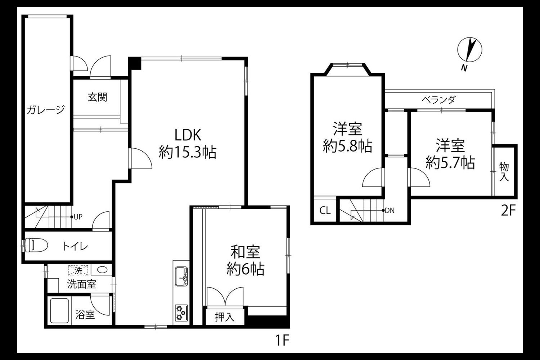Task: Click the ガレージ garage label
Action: [x=46, y=110]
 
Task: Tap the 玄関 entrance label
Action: [x=97, y=97]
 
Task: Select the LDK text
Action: [x=188, y=135]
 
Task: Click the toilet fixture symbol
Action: [x=36, y=245]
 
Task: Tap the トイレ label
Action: [x=75, y=247]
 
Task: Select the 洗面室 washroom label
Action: [x=81, y=284]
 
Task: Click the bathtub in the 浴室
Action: [x=59, y=311]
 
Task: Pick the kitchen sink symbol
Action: [x=181, y=276]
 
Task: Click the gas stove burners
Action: [x=181, y=313]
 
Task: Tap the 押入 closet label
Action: [x=225, y=317]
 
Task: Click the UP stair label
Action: [x=78, y=217]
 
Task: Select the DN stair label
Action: [x=390, y=211]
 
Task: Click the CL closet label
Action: [x=325, y=211]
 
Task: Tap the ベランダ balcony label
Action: [x=438, y=99]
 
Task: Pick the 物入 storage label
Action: [x=504, y=172]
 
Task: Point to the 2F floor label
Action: [x=508, y=211]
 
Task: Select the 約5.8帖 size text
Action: [x=347, y=146]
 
